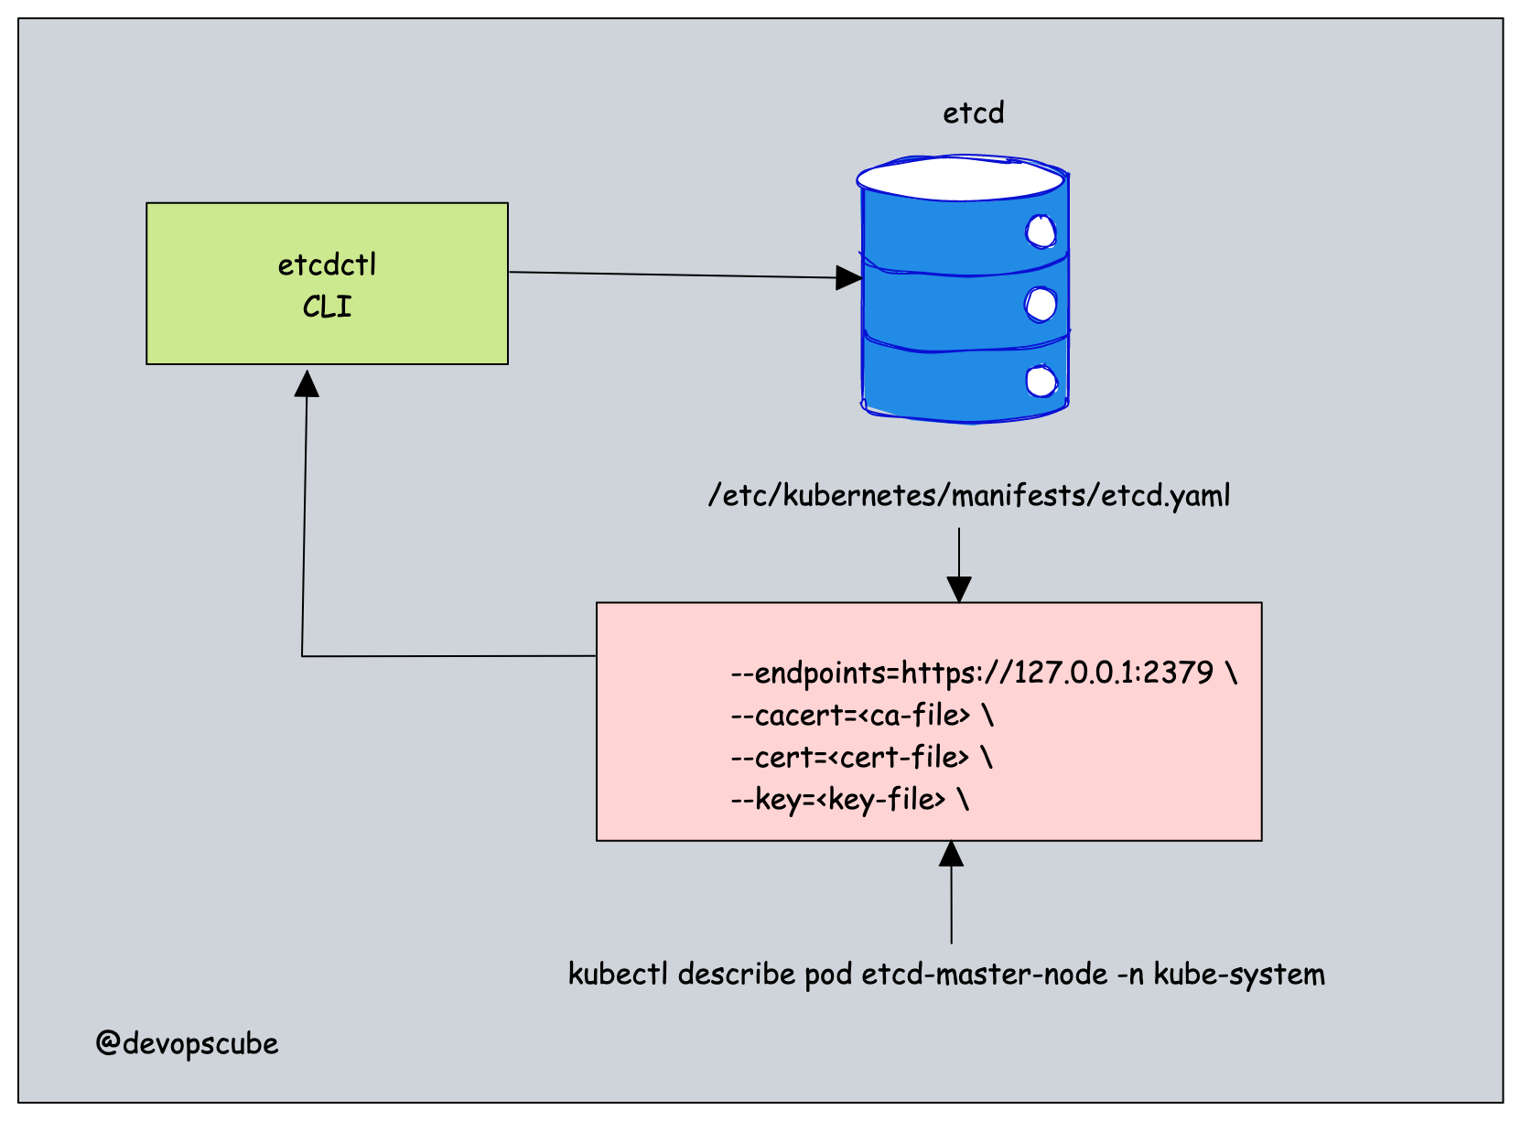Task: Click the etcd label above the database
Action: tap(974, 113)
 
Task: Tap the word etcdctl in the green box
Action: tap(327, 265)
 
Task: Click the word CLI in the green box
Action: tap(327, 307)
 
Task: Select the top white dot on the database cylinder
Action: tap(1041, 232)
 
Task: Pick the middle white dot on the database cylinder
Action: tap(1041, 304)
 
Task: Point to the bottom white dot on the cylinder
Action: tap(1041, 381)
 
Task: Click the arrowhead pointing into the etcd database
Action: tap(849, 277)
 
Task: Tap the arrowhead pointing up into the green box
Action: tap(307, 383)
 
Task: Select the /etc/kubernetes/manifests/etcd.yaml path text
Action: tap(969, 496)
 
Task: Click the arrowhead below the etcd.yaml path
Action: tap(959, 589)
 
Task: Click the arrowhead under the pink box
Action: tap(952, 854)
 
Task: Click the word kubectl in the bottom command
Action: tap(618, 974)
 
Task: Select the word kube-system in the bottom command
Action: tap(1238, 975)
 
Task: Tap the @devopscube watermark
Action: tap(187, 1043)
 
